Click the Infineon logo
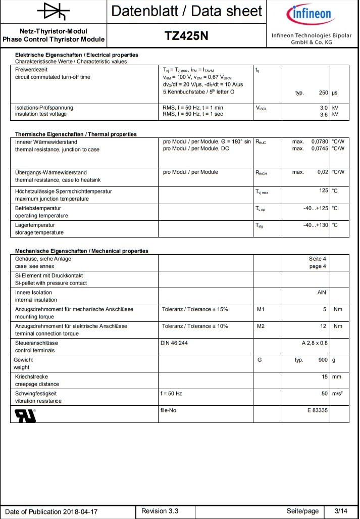click(309, 13)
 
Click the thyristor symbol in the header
click(54, 11)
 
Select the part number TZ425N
click(187, 35)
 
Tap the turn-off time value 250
click(324, 93)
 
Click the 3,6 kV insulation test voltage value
click(324, 114)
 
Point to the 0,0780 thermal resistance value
click(320, 141)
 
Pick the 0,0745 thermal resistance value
click(320, 148)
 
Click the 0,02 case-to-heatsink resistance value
click(323, 172)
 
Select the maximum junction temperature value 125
click(324, 191)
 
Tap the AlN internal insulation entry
click(322, 293)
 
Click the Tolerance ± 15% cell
click(195, 309)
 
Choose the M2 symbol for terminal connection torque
click(261, 326)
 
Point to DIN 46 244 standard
click(174, 343)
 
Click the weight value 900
click(323, 360)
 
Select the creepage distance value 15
click(325, 376)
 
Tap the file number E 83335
click(317, 410)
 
